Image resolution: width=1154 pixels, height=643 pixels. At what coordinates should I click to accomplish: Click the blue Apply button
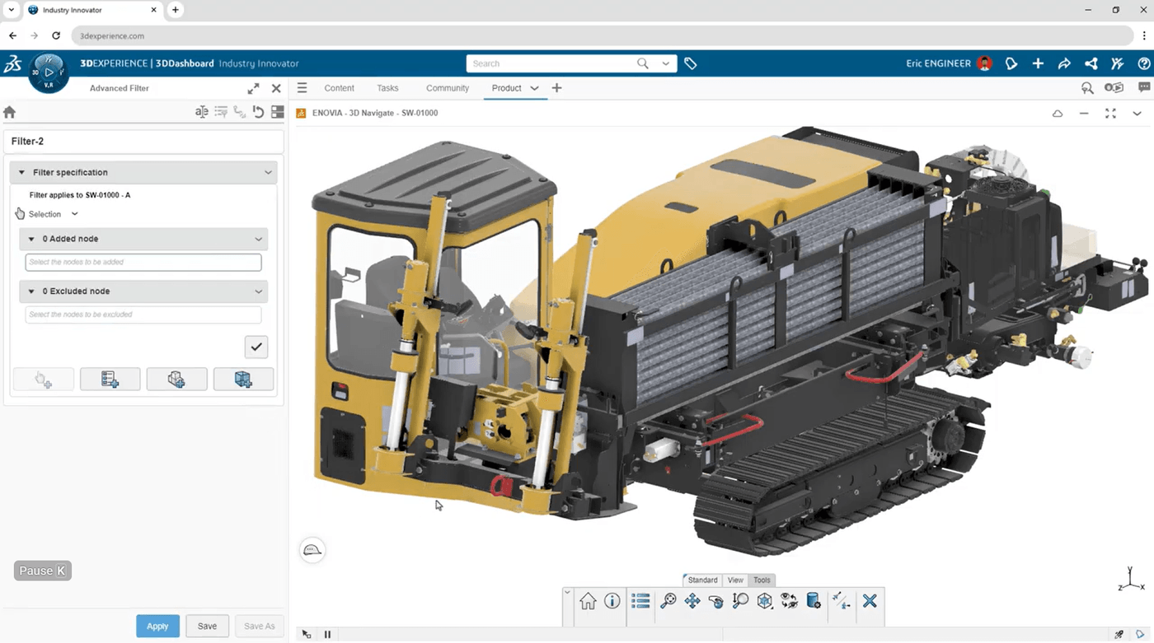coord(157,626)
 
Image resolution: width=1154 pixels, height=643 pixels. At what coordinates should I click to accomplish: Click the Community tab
coord(447,88)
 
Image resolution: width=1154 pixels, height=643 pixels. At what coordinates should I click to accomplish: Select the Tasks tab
coord(387,88)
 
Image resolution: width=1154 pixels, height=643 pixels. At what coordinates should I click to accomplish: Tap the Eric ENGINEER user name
coord(938,63)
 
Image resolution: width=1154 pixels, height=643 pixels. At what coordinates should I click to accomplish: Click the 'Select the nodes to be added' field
coord(143,262)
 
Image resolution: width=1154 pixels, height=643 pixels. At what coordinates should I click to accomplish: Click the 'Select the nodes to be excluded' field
coord(143,315)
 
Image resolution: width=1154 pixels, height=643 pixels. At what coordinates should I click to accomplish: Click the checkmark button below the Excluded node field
coord(256,347)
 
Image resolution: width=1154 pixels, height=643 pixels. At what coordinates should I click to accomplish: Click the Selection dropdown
coord(54,214)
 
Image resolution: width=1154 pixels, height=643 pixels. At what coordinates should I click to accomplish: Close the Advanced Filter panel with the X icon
coord(276,88)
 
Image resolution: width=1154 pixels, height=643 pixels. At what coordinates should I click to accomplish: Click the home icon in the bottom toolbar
coord(588,601)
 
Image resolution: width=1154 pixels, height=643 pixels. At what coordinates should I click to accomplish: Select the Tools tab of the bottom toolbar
coord(762,580)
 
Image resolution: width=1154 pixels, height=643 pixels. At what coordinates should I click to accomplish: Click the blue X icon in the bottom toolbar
coord(869,601)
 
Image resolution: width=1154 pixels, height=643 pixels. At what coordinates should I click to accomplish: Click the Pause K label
coord(43,571)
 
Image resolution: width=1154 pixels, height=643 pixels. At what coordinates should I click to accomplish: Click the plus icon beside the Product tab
coord(556,88)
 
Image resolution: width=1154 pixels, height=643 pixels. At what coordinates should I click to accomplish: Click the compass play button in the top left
coord(49,72)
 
